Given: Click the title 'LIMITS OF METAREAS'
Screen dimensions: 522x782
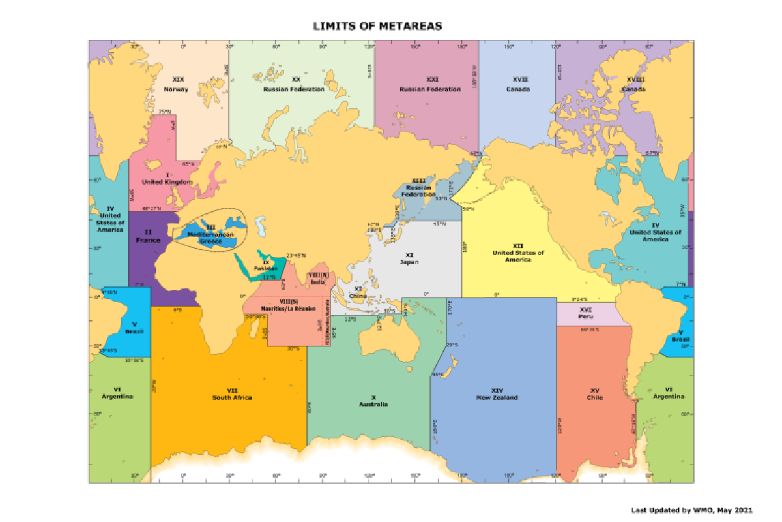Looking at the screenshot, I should [x=377, y=26].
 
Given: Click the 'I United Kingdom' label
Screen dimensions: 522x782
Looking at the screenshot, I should [x=167, y=178].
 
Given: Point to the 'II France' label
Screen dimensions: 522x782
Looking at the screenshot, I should [x=148, y=236].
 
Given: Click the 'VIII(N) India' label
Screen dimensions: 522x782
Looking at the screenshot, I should [x=318, y=279].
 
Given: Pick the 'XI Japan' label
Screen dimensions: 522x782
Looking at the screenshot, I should [x=409, y=258].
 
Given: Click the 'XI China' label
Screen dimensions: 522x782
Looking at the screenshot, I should [x=358, y=292].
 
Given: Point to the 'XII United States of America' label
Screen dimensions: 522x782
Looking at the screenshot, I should [x=518, y=252].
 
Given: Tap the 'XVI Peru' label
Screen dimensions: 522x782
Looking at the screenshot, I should [x=585, y=313].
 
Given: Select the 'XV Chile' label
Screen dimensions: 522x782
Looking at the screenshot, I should [x=594, y=394].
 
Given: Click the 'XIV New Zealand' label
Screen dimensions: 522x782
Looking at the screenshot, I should [x=497, y=394].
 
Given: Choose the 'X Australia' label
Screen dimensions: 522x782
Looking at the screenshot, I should [x=373, y=401].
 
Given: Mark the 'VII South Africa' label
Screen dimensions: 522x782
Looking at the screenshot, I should [x=232, y=394].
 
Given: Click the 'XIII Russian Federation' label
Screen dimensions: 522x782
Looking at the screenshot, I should [x=418, y=187].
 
